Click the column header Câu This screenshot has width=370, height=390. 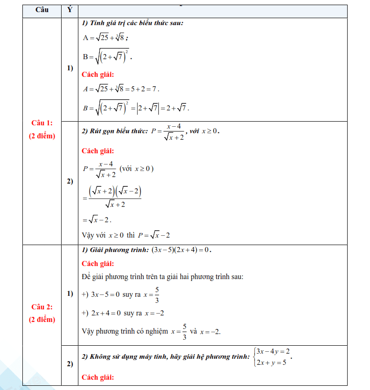(42, 10)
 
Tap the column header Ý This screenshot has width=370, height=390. (70, 10)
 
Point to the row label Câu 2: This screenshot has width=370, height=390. (42, 307)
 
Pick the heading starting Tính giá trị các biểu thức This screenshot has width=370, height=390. (133, 23)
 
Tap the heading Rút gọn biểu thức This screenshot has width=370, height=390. (115, 131)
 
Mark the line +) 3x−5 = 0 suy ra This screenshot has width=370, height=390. (120, 294)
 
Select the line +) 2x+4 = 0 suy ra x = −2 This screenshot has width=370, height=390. (122, 313)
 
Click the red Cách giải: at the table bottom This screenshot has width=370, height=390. (97, 377)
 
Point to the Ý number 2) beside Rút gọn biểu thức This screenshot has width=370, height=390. (70, 181)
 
